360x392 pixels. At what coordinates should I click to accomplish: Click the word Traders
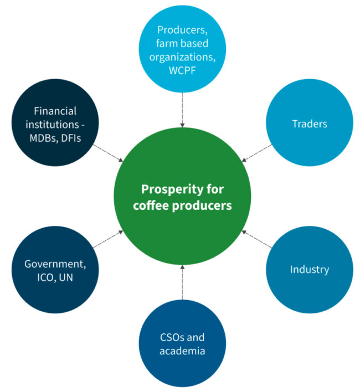pyautogui.click(x=310, y=123)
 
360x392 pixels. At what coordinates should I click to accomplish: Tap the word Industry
pyautogui.click(x=310, y=270)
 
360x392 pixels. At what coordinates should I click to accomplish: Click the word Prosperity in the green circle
pyautogui.click(x=164, y=189)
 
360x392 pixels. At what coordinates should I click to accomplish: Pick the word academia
pyautogui.click(x=182, y=350)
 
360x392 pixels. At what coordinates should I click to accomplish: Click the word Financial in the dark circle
pyautogui.click(x=55, y=111)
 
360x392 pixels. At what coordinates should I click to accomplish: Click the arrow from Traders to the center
pyautogui.click(x=258, y=153)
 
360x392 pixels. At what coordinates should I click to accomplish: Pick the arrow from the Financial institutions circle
pyautogui.click(x=108, y=153)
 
